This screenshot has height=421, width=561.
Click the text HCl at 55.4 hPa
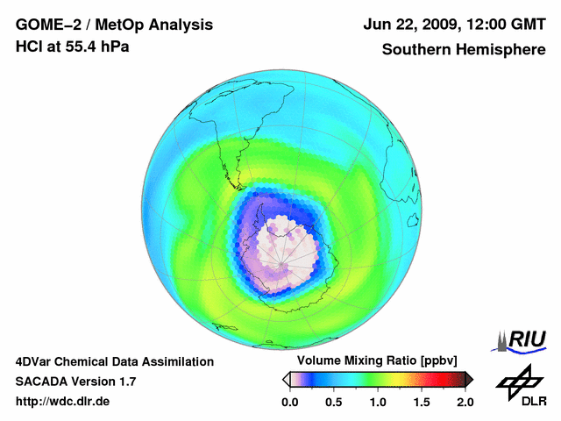pyautogui.click(x=73, y=46)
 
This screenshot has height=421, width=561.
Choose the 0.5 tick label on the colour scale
pyautogui.click(x=333, y=402)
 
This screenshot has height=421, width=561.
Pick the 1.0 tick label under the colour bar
pyautogui.click(x=378, y=402)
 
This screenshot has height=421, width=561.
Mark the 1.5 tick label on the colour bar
pyautogui.click(x=422, y=402)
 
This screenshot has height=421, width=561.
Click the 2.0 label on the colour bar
pyautogui.click(x=465, y=402)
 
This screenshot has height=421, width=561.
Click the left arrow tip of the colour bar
pyautogui.click(x=285, y=379)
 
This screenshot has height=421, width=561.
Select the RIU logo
pyautogui.click(x=522, y=339)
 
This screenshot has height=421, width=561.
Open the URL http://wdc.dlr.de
pyautogui.click(x=63, y=402)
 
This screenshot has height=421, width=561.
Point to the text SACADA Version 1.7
pyautogui.click(x=75, y=382)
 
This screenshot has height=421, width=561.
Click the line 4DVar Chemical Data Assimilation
pyautogui.click(x=114, y=361)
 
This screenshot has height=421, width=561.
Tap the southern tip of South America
pyautogui.click(x=238, y=185)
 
